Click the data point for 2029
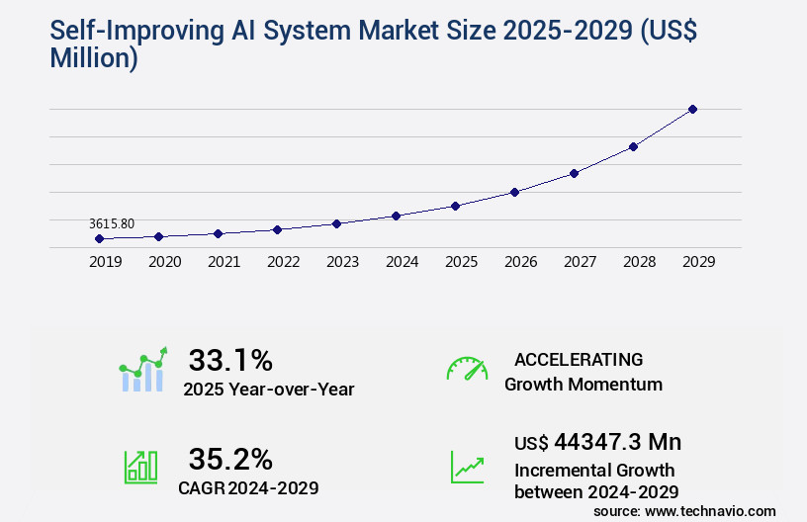pos(692,109)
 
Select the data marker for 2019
pos(99,238)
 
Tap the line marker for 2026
pos(514,192)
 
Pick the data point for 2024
pos(396,216)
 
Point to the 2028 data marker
pos(633,146)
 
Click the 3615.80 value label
pos(111,224)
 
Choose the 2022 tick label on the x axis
pos(283,263)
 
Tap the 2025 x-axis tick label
pos(461,263)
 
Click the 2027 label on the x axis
pos(580,263)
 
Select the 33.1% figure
pos(230,360)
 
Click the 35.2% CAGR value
pos(230,459)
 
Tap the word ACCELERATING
pos(579,359)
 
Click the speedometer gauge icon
pos(467,369)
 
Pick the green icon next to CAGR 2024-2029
pos(141,466)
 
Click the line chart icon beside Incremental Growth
pos(467,466)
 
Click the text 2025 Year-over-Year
pos(268,389)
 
